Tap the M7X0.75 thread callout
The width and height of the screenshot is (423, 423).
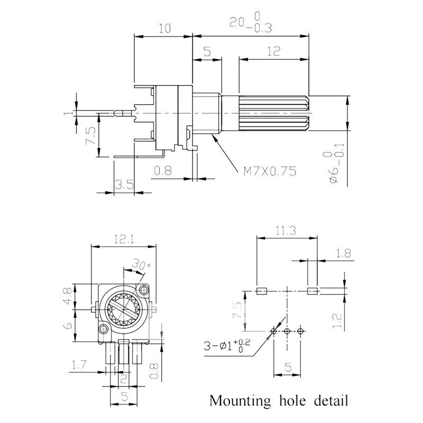[269, 171]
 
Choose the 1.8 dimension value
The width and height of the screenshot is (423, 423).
[344, 254]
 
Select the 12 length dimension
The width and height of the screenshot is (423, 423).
[273, 52]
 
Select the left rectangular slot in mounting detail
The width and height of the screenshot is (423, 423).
[260, 290]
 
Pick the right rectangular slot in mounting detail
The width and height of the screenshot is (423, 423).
[312, 290]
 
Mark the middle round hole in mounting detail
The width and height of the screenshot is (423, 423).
[287, 332]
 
